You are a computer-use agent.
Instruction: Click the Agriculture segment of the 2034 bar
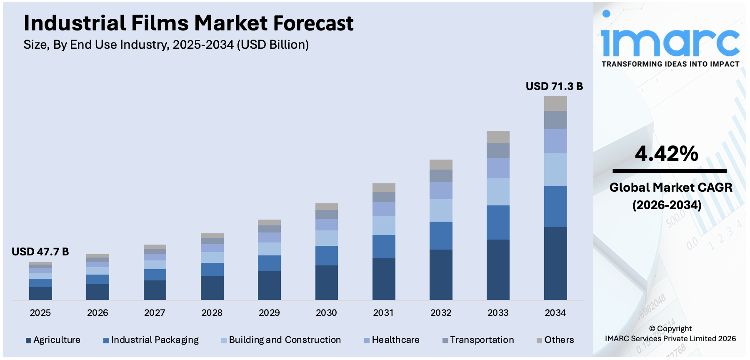coord(555,263)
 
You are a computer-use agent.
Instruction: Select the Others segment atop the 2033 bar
coord(498,137)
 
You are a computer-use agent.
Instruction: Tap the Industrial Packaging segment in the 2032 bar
coord(441,235)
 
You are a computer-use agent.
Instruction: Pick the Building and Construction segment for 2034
coord(555,170)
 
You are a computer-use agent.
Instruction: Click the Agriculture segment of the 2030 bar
coord(326,282)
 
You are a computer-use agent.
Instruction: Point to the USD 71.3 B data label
coord(554,86)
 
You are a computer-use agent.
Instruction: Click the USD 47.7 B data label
coord(40,252)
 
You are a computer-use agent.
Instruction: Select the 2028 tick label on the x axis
coord(212,312)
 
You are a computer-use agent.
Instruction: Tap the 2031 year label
coord(383,312)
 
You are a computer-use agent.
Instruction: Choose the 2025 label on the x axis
coord(40,312)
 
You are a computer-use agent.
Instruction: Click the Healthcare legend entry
coord(395,340)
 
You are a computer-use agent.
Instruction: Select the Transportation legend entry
coord(482,340)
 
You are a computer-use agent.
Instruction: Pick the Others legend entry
coord(559,340)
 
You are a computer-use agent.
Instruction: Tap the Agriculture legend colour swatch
coord(28,340)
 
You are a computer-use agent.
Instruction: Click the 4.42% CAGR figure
coord(666,154)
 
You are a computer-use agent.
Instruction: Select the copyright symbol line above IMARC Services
coord(670,329)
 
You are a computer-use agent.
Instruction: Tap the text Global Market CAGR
coord(670,187)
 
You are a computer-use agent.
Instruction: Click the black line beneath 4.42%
coord(669,171)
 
